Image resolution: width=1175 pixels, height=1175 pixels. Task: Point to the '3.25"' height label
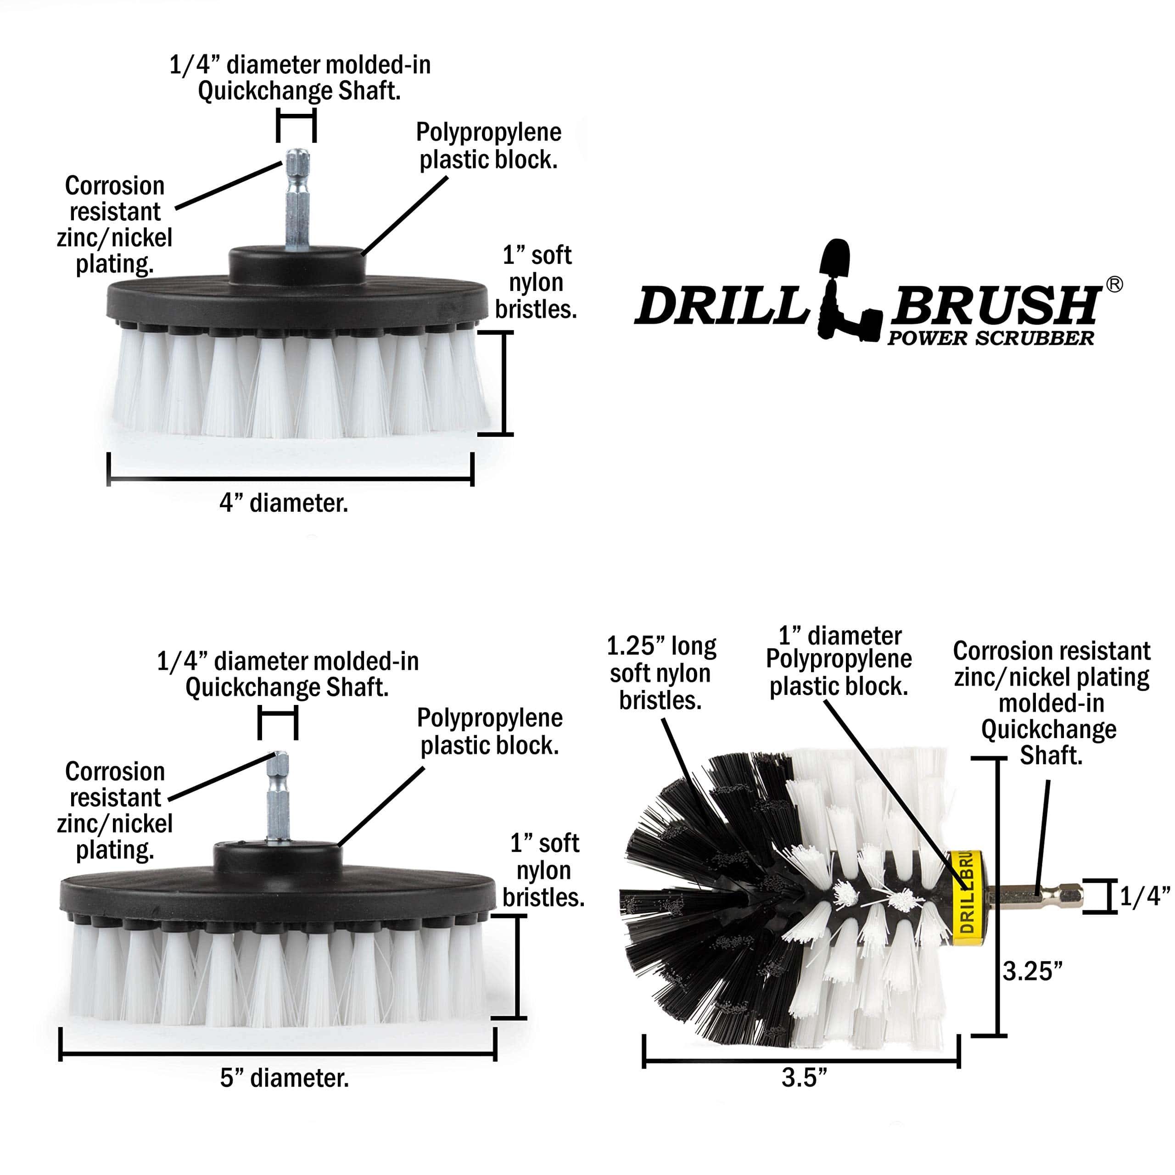click(1032, 971)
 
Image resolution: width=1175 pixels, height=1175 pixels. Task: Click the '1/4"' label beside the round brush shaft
click(1145, 896)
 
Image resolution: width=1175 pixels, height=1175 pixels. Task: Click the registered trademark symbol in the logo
click(1114, 285)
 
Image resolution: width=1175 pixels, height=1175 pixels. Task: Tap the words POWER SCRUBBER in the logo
click(990, 339)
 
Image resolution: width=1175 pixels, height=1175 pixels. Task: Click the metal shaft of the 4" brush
click(297, 201)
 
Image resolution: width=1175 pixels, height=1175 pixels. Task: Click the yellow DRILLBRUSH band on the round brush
click(968, 897)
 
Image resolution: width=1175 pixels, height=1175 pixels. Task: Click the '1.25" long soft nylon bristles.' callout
click(661, 673)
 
